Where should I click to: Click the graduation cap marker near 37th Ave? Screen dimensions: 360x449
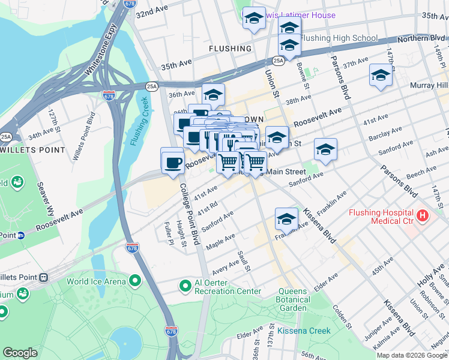click(381, 76)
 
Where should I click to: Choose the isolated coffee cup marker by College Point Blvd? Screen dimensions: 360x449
click(172, 162)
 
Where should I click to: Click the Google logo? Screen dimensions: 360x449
click(20, 353)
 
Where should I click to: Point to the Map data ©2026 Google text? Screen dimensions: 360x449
click(412, 355)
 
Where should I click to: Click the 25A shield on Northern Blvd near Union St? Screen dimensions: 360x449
click(278, 61)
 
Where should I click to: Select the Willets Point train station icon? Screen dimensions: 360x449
click(43, 278)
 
